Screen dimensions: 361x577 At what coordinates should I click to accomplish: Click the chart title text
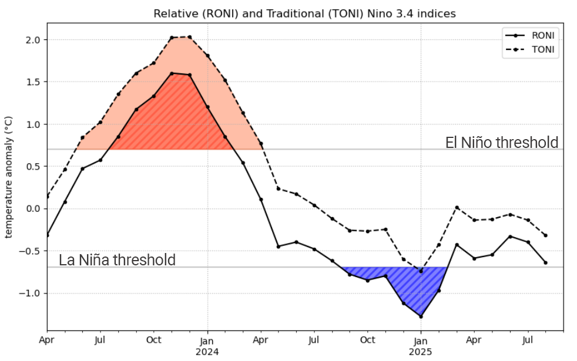304,13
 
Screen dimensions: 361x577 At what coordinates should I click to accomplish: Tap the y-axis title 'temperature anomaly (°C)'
9,176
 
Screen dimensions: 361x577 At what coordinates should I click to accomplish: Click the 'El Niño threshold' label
501,143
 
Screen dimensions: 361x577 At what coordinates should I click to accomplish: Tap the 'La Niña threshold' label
117,260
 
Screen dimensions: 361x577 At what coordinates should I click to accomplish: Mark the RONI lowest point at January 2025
421,316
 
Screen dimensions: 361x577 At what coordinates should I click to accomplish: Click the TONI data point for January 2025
421,271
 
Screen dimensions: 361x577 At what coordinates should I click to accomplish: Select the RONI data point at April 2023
47,235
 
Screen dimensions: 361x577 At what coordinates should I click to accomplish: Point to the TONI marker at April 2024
261,143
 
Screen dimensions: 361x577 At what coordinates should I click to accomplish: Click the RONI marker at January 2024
207,107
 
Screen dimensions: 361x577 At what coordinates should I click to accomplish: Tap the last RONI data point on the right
545,262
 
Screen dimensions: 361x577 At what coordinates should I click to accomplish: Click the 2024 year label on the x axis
207,352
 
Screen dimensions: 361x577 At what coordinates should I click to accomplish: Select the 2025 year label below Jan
421,352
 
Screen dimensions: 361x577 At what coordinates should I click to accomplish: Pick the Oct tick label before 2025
367,340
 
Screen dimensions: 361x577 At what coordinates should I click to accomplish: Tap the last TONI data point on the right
545,235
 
